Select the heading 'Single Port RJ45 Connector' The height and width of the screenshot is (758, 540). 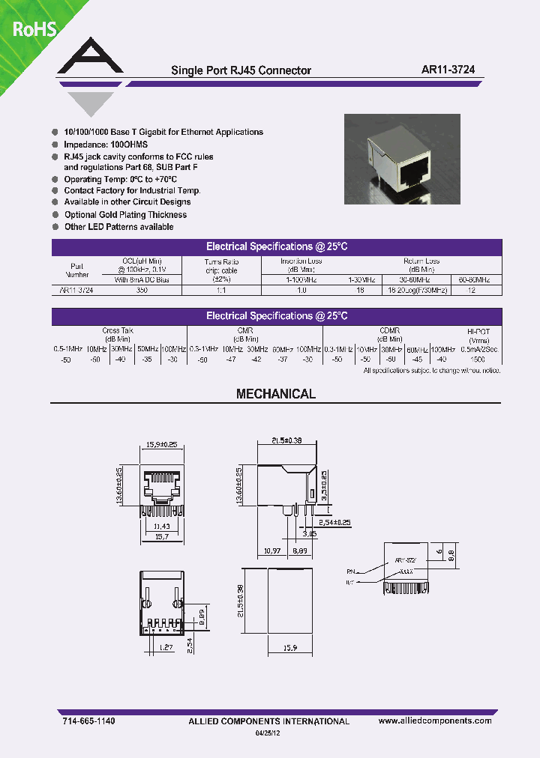(241, 70)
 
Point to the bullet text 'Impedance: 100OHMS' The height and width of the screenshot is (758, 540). (106, 144)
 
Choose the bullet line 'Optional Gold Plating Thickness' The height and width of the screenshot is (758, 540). (125, 214)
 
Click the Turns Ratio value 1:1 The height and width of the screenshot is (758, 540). (221, 289)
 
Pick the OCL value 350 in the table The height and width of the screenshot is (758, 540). (142, 289)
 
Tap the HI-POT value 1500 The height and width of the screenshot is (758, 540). (476, 360)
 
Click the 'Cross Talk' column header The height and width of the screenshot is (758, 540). (117, 330)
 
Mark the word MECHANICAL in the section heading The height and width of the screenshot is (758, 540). (276, 394)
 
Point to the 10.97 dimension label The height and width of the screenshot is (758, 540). (271, 550)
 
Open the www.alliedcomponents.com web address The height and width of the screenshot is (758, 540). (435, 721)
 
